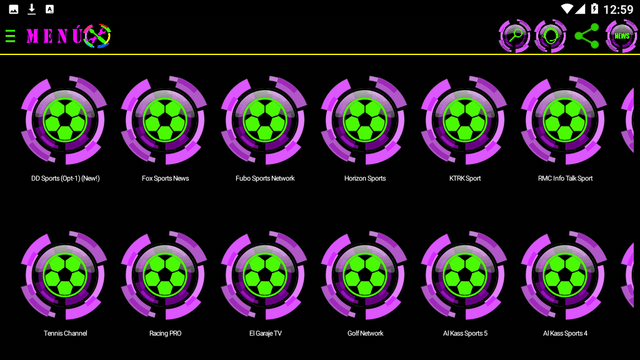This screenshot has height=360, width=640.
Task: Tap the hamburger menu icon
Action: [10, 36]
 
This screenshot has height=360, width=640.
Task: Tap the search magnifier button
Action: [514, 36]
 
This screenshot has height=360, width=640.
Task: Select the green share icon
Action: [587, 36]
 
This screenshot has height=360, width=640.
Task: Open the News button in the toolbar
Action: [622, 36]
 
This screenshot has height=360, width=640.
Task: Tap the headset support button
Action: [550, 36]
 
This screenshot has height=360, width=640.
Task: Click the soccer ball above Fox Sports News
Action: [165, 120]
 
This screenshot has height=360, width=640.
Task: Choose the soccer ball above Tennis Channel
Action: [65, 275]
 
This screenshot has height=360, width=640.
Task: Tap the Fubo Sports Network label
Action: [265, 178]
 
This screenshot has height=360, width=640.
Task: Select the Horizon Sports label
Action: [365, 178]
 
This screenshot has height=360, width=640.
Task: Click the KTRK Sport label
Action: [465, 178]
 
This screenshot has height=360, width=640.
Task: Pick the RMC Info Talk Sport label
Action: [565, 178]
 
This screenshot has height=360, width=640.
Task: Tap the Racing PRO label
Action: [165, 333]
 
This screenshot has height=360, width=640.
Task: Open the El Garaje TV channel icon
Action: [265, 275]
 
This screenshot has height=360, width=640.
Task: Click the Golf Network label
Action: [365, 333]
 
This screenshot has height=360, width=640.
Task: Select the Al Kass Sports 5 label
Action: [465, 333]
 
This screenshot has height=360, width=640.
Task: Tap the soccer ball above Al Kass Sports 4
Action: [565, 275]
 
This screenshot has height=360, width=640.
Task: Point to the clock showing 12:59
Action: [618, 9]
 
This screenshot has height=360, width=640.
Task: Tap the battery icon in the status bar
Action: [595, 9]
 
